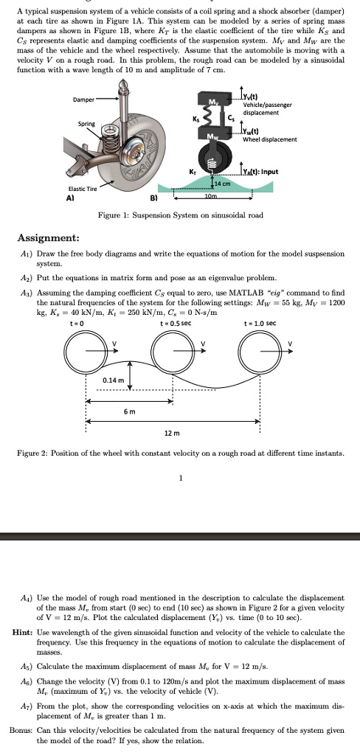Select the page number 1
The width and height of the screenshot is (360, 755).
pos(180,476)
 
